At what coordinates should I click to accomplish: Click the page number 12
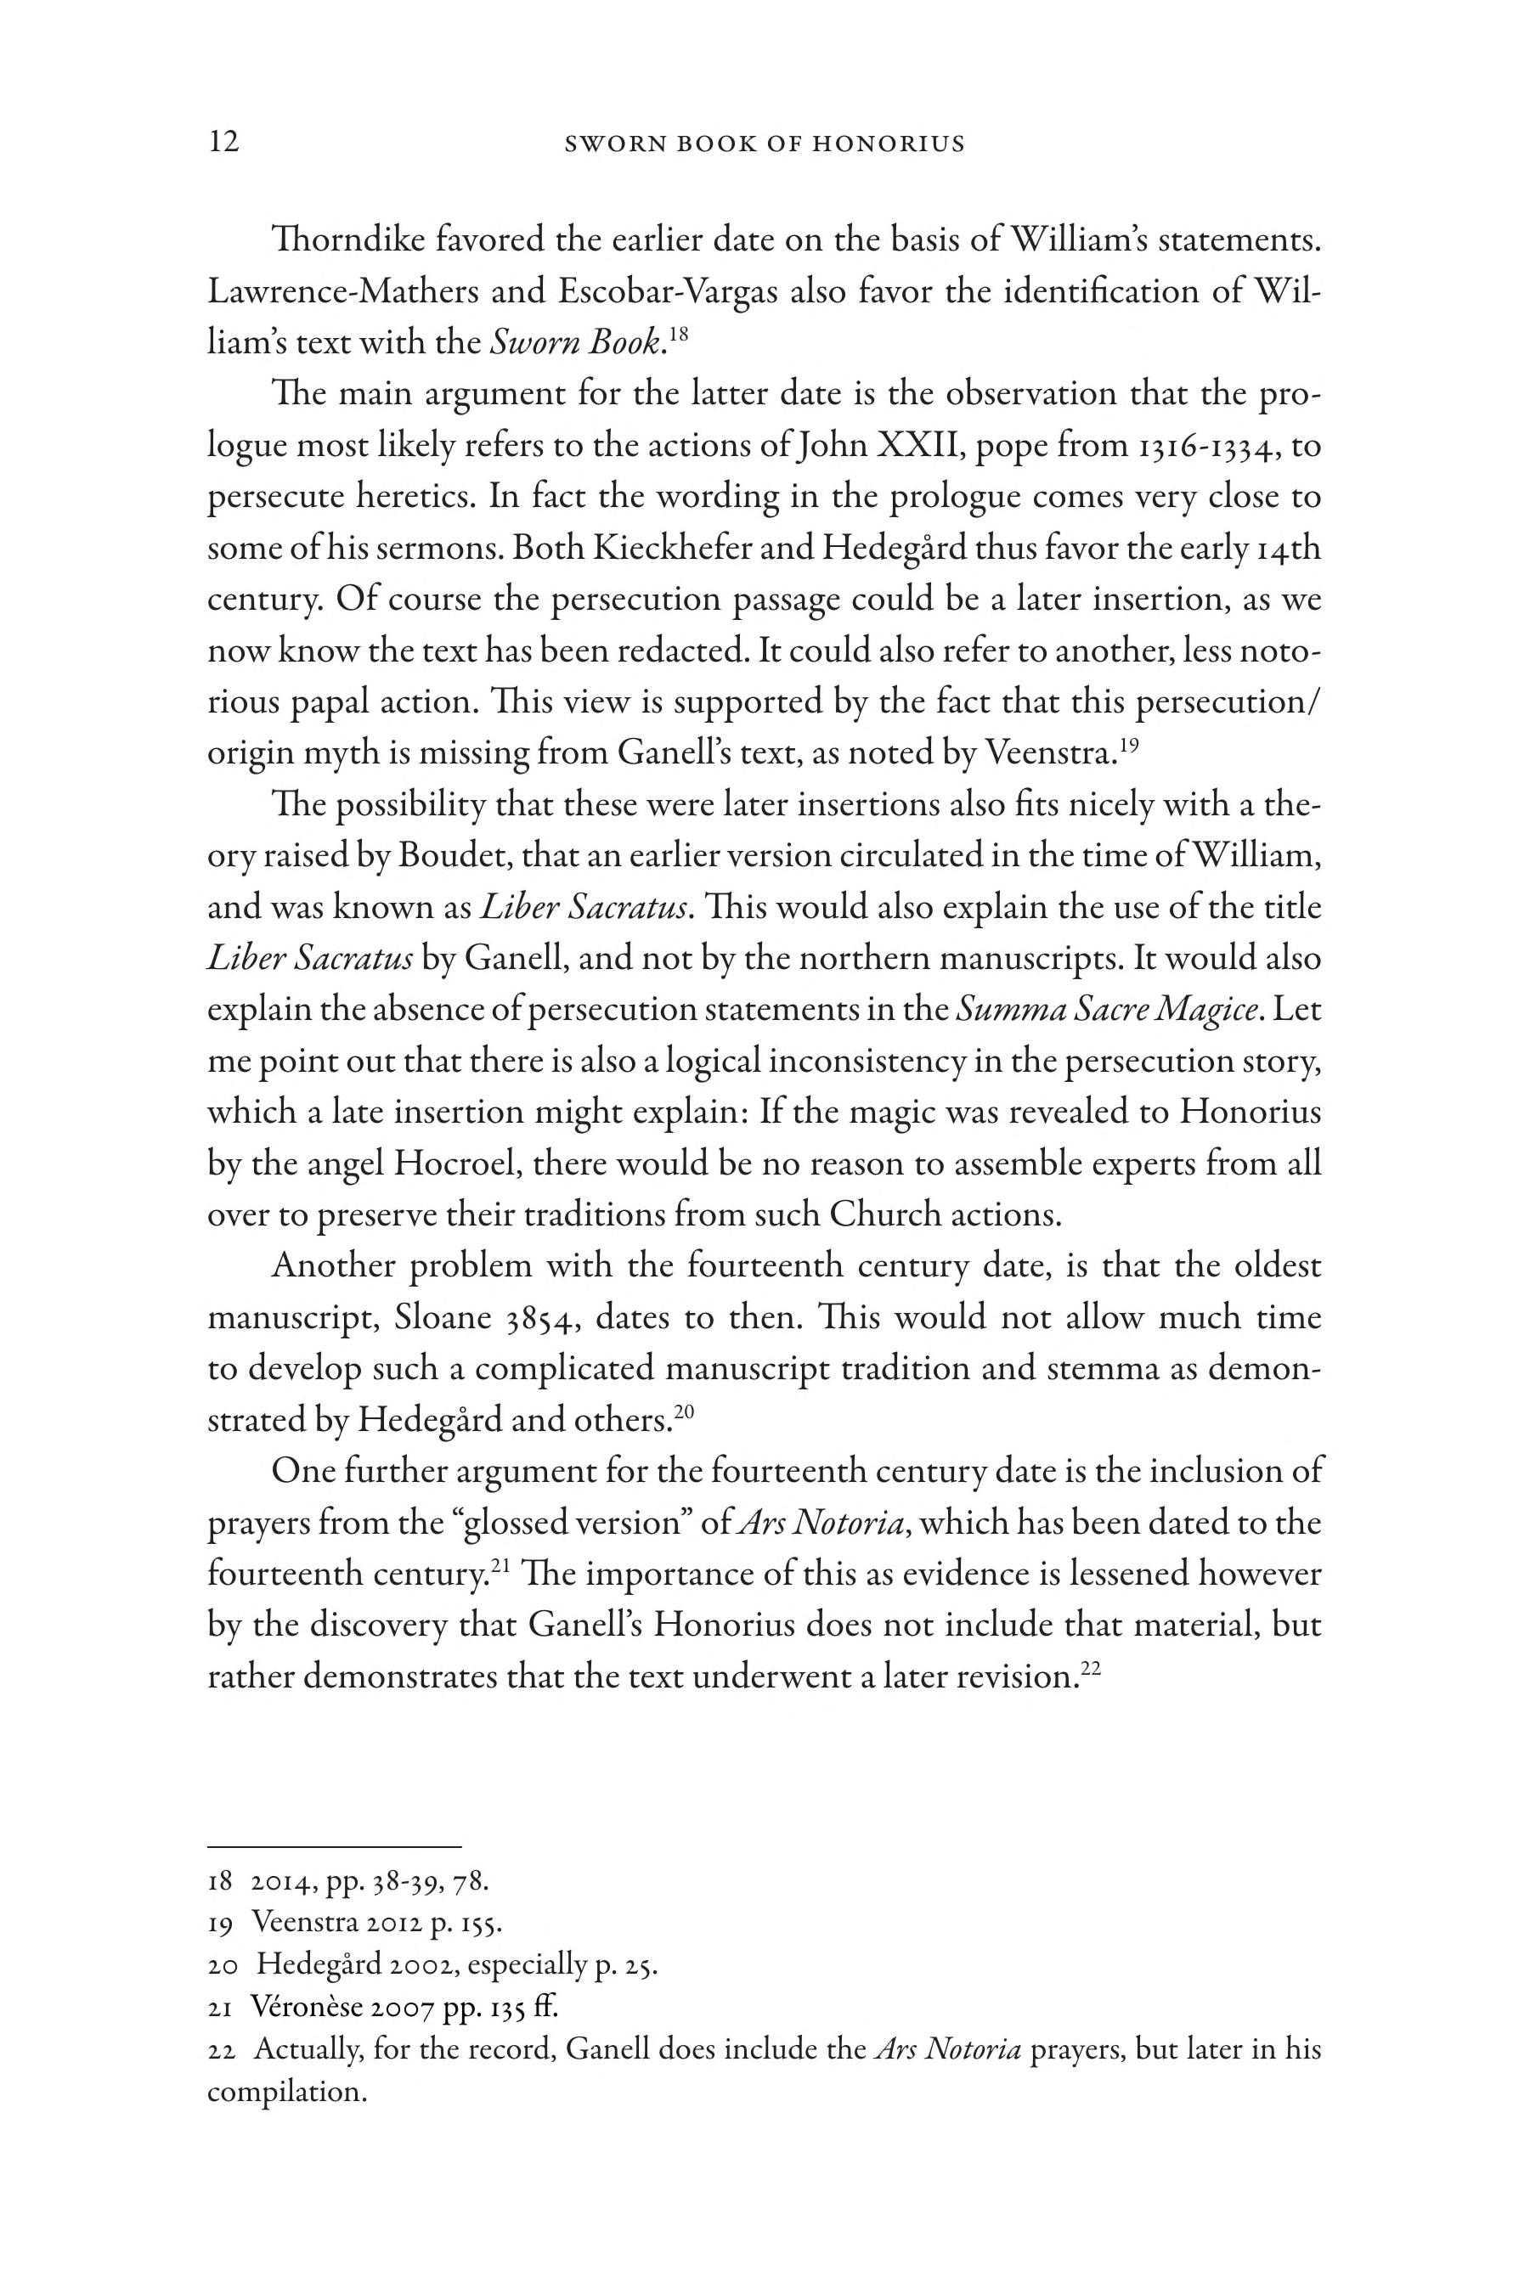tap(223, 143)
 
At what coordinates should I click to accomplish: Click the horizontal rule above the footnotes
tap(334, 1846)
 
